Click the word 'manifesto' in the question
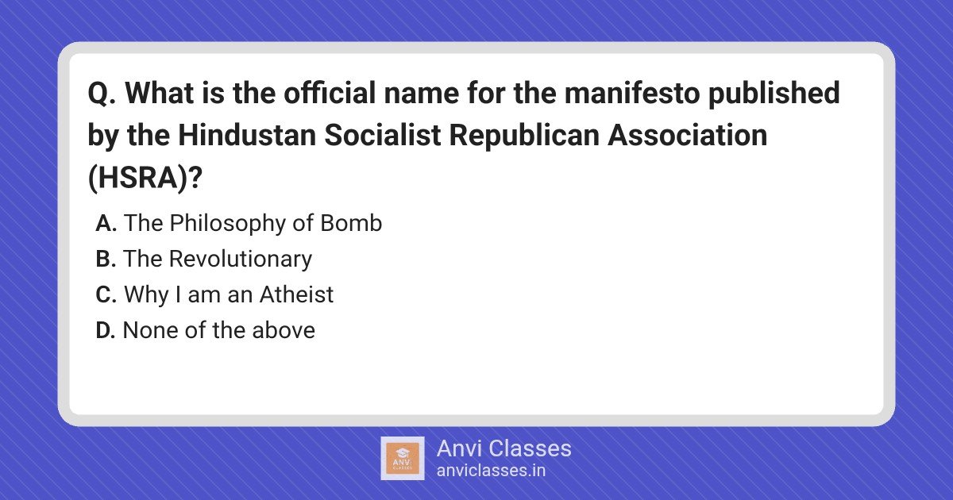point(632,93)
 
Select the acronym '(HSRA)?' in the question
point(145,177)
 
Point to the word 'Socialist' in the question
point(383,135)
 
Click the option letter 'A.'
point(106,223)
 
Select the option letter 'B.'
point(106,259)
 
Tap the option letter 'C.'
point(106,294)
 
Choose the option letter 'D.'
point(105,330)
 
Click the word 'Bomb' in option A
point(351,223)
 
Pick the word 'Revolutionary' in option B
point(241,260)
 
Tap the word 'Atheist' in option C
point(296,294)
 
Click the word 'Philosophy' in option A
point(228,224)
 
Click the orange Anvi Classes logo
point(403,459)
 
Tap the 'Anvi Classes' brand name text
point(504,448)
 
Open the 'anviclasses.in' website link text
point(491,471)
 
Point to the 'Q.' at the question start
point(102,94)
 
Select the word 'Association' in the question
point(687,135)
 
